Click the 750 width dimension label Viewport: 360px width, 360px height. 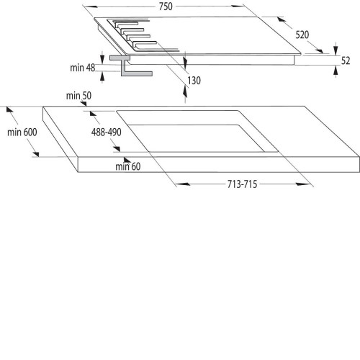[x=166, y=6]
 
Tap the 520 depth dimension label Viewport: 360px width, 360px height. [x=302, y=35]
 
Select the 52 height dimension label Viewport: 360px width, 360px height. [x=346, y=60]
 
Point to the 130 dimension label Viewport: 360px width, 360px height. [x=194, y=81]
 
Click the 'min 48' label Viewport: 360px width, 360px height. [x=83, y=68]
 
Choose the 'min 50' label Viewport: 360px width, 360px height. [x=78, y=96]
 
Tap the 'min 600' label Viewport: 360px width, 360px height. [x=22, y=132]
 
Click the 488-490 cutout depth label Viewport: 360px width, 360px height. [x=107, y=132]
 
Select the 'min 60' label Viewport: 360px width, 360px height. [x=128, y=166]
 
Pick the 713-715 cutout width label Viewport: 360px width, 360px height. [x=242, y=184]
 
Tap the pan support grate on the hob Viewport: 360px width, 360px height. [x=143, y=35]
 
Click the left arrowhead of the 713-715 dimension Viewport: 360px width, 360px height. [x=183, y=184]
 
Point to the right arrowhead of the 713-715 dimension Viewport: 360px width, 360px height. [x=303, y=184]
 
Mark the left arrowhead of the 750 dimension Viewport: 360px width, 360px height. [x=91, y=6]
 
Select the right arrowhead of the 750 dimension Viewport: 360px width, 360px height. [x=238, y=6]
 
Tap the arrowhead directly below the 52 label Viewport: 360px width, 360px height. [x=336, y=71]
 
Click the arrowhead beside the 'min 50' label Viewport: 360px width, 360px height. [x=84, y=104]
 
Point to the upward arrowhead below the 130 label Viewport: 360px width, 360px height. [x=185, y=91]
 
